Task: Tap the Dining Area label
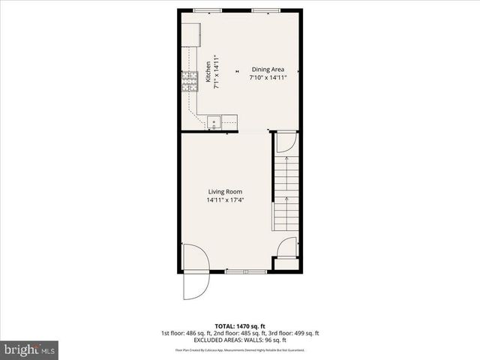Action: coord(268,69)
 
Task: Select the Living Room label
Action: coord(224,192)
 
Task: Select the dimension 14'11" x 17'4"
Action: coord(224,200)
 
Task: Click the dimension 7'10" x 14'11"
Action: coord(268,77)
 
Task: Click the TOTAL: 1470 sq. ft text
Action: coord(239,325)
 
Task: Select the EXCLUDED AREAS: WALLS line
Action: coord(239,340)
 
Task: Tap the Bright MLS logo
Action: coord(29,349)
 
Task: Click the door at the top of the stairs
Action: coord(286,142)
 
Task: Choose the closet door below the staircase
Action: coord(287,247)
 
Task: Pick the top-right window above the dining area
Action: coord(260,10)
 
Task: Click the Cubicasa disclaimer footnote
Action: coord(239,349)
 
